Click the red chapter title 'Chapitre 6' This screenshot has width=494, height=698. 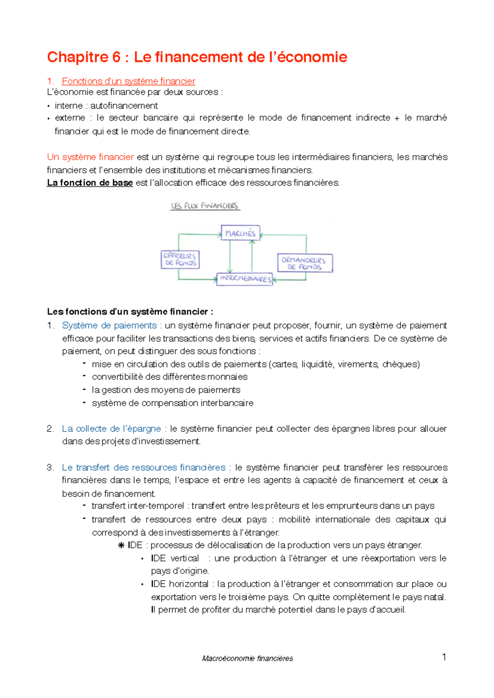84,57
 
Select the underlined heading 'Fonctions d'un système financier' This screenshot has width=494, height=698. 128,81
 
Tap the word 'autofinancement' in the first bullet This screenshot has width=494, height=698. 124,106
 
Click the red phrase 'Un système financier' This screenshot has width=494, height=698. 90,157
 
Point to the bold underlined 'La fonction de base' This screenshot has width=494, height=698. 90,183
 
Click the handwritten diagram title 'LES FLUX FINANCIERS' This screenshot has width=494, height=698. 205,206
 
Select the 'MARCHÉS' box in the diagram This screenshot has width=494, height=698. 240,233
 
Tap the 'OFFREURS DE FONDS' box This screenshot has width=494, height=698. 180,259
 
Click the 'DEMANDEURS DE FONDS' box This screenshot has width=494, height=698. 304,263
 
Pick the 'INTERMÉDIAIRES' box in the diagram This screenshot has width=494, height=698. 245,279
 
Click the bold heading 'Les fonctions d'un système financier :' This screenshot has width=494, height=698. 130,312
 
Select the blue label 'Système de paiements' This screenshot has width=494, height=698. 109,326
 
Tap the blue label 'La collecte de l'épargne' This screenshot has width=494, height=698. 111,429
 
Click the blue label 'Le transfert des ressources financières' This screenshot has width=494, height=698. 143,468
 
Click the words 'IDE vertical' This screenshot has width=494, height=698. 175,558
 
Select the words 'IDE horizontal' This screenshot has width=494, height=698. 179,584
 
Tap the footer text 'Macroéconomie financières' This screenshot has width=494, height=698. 247,658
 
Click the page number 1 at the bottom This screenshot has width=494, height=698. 444,657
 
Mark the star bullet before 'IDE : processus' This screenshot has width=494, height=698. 121,546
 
